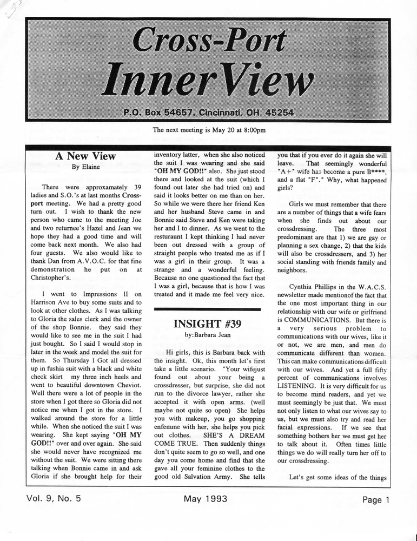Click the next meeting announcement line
[209, 130]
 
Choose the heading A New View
[85, 156]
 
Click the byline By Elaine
[85, 167]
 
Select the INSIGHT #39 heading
[208, 324]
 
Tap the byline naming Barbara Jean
[208, 335]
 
